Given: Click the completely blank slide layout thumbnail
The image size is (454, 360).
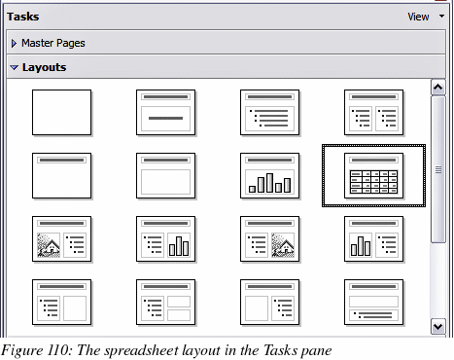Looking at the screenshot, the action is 61,112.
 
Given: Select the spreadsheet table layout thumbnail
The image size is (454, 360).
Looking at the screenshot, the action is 373,175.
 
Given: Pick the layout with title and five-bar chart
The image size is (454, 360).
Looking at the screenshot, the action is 269,175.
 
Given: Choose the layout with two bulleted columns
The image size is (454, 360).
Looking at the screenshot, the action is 373,112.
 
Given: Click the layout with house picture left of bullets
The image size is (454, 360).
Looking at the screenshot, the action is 61,238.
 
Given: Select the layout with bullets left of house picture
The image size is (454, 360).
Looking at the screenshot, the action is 269,238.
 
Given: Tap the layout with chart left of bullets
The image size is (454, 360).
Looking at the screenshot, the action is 373,238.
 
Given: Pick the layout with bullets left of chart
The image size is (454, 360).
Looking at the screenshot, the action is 165,238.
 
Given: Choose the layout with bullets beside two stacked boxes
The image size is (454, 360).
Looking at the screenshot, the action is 165,302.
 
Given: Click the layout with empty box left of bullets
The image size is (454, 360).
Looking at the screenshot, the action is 269,302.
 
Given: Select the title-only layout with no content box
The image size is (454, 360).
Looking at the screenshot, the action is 61,175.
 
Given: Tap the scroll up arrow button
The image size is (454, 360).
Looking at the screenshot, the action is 438,88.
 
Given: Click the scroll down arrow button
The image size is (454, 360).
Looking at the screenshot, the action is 438,326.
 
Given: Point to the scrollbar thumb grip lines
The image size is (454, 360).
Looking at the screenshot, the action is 438,169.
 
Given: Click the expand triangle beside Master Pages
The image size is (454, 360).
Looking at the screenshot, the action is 14,43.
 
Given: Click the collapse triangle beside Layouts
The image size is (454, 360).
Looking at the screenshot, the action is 15,67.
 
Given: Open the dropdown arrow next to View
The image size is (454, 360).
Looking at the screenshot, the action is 441,16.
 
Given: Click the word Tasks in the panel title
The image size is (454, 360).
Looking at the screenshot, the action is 23,17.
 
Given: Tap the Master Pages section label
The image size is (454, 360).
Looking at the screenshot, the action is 53,43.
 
